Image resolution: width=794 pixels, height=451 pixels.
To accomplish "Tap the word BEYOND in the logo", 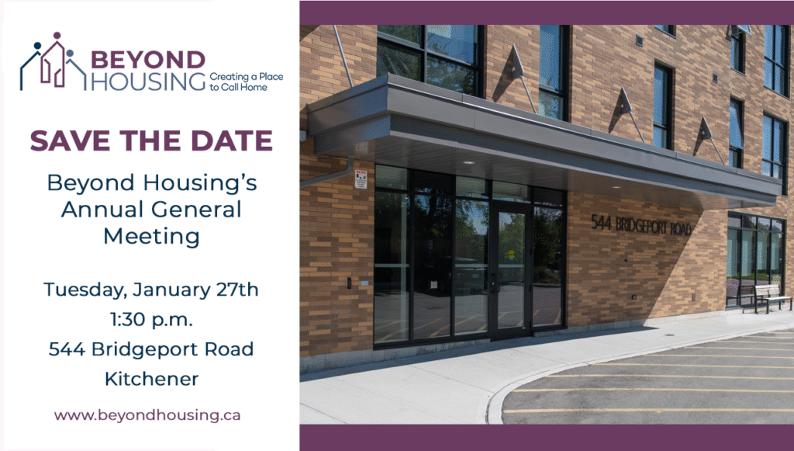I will tap(148, 60).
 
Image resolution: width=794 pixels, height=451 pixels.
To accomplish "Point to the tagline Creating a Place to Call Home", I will tap(246, 82).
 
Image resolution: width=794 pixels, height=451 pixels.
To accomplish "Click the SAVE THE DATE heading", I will tap(151, 141).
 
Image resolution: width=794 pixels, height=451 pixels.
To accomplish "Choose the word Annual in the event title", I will tap(103, 209).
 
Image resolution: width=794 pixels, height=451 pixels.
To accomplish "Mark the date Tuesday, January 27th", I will tap(151, 290).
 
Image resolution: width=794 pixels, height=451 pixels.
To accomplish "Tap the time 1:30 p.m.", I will tap(151, 320).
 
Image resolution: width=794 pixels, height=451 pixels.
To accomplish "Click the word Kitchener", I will tap(151, 379).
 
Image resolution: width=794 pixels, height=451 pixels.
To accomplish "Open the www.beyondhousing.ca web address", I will tap(147, 415).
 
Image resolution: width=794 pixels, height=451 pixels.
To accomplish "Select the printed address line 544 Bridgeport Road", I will tap(151, 349).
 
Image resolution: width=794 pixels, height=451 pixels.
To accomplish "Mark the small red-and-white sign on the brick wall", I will tap(360, 179).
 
